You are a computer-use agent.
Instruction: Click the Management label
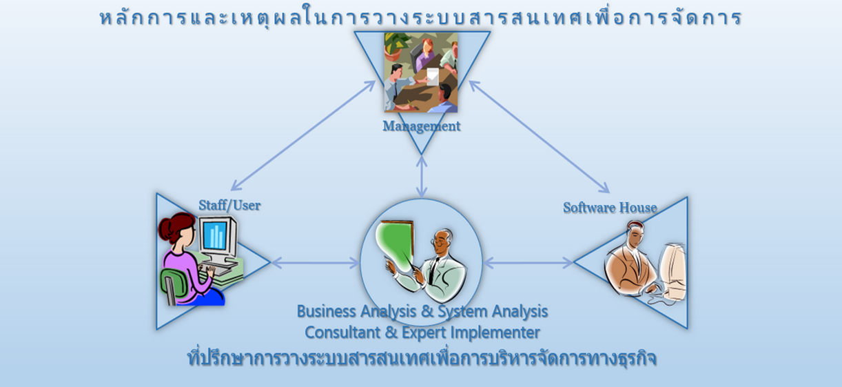422,126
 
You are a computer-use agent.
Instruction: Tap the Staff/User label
229,206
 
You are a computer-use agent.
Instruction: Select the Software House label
610,208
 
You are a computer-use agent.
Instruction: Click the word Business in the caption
327,312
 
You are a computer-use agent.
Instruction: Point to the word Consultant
342,333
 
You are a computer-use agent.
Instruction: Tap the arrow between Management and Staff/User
303,135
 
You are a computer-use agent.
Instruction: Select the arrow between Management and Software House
540,137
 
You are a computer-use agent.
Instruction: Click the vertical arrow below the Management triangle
422,177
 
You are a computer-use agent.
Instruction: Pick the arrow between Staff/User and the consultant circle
315,263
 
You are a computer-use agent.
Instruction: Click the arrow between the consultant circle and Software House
528,263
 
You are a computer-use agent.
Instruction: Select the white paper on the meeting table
433,77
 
